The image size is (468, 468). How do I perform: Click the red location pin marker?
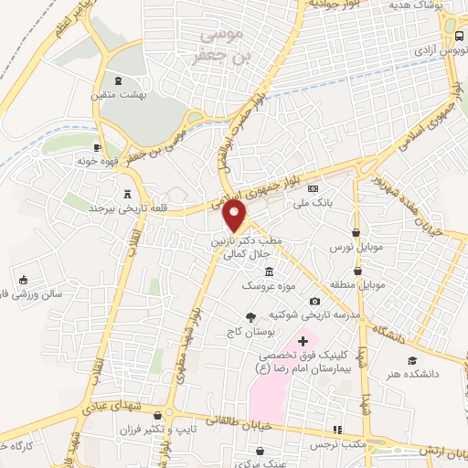(236, 217)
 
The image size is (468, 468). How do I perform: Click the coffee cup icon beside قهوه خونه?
(97, 146)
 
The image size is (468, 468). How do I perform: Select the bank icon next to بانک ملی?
(314, 189)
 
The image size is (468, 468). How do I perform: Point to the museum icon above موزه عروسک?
(268, 272)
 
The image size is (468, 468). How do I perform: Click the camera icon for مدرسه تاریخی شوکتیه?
(315, 301)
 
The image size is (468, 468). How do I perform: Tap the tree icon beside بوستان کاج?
(250, 316)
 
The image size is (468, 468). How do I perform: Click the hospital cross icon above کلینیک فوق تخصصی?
(303, 341)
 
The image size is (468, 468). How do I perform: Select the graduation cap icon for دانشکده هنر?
(412, 360)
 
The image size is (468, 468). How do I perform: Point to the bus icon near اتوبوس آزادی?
(458, 35)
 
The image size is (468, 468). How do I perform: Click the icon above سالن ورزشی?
(24, 279)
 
